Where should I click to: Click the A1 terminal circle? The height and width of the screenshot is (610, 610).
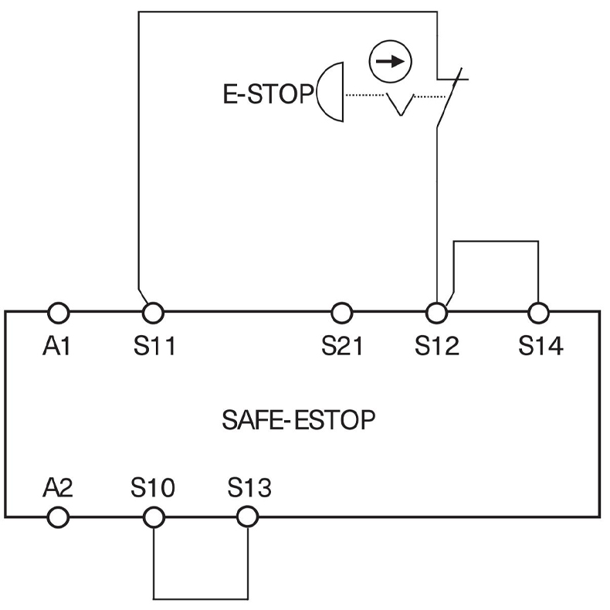pos(59,313)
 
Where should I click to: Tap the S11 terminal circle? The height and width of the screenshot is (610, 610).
pos(153,313)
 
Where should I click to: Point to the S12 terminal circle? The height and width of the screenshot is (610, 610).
pos(437,313)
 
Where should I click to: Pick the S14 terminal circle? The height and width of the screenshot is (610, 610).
pos(538,313)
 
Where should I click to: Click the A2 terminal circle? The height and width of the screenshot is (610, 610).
pos(59,516)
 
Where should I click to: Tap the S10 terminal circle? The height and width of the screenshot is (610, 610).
pos(153,516)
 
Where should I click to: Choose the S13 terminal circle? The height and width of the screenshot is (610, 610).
pos(247,516)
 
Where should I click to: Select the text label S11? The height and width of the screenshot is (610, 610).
pos(154,347)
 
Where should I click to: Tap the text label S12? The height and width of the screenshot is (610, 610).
pos(437,347)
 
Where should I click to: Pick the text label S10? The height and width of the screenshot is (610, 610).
pos(153,488)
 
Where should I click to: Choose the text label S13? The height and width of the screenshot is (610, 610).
pos(249,488)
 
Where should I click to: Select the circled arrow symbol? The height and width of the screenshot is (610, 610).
pos(390,62)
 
